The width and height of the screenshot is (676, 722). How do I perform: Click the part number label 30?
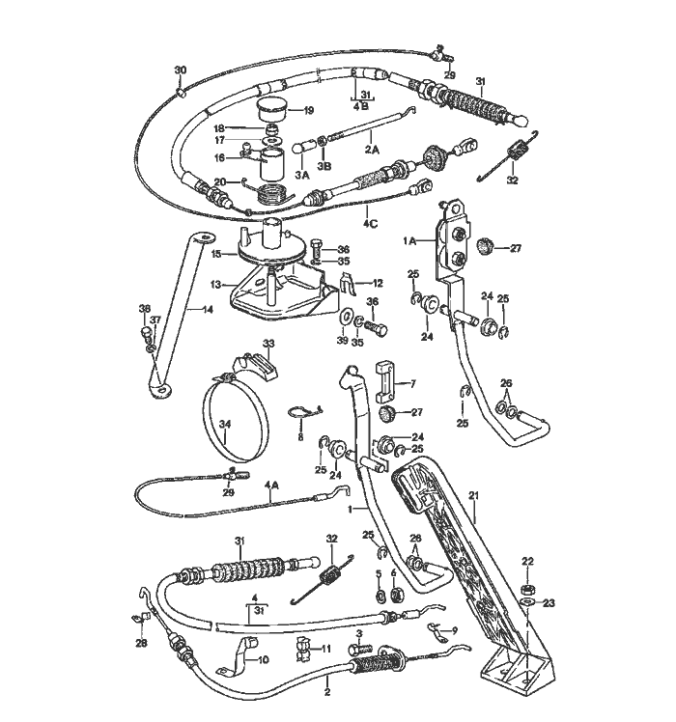pyautogui.click(x=181, y=70)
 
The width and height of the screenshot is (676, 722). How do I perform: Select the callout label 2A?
pyautogui.click(x=372, y=150)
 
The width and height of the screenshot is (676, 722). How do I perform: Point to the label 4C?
pyautogui.click(x=370, y=224)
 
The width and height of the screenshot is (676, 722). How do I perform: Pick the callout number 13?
pyautogui.click(x=215, y=286)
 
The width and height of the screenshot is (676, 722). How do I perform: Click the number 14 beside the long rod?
pyautogui.click(x=208, y=310)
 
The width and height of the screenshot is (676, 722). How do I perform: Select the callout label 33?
pyautogui.click(x=268, y=344)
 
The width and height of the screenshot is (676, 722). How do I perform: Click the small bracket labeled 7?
pyautogui.click(x=387, y=381)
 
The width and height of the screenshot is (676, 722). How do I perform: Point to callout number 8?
pyautogui.click(x=300, y=437)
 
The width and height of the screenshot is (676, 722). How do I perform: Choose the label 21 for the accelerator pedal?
pyautogui.click(x=474, y=496)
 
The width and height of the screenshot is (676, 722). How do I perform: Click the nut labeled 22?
pyautogui.click(x=527, y=589)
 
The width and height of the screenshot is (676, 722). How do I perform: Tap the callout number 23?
pyautogui.click(x=549, y=602)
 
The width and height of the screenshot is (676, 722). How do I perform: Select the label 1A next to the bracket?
pyautogui.click(x=409, y=240)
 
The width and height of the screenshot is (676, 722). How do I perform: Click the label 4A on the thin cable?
pyautogui.click(x=272, y=485)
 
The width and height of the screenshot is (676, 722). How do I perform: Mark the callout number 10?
pyautogui.click(x=263, y=660)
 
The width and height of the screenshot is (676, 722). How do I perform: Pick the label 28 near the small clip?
pyautogui.click(x=141, y=643)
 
